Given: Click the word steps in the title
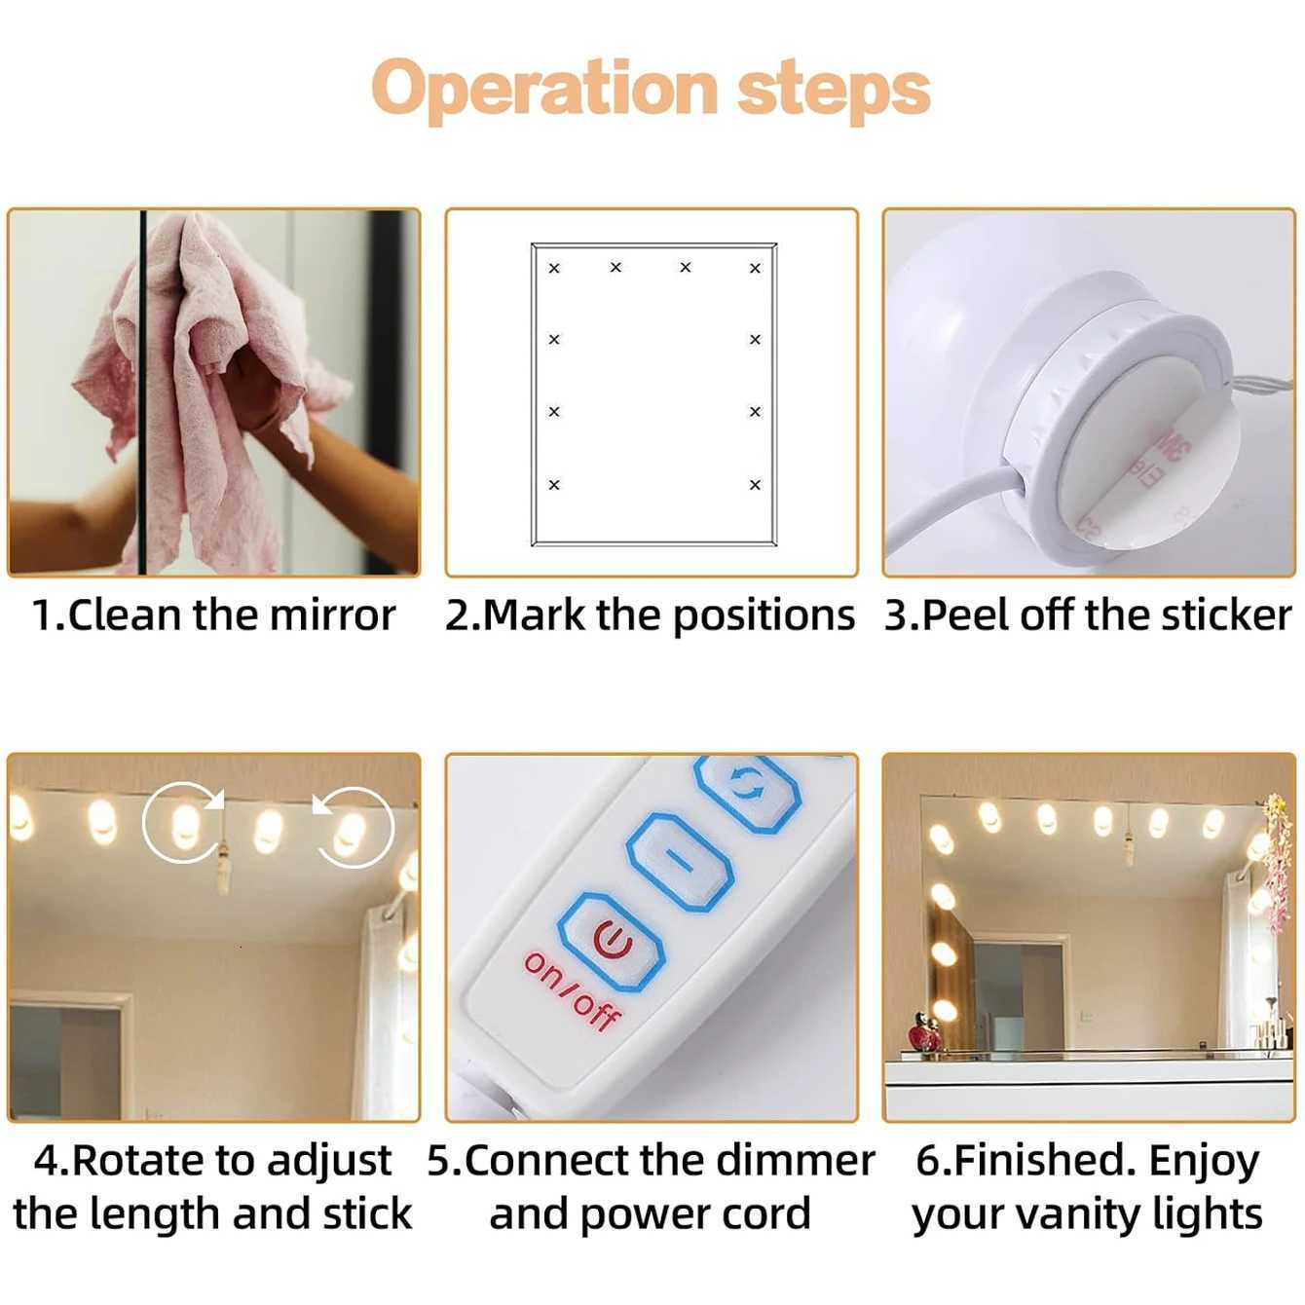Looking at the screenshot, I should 834,90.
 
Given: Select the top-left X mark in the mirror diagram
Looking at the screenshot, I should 554,268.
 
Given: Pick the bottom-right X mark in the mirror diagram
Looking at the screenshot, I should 755,484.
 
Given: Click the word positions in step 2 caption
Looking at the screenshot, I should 764,615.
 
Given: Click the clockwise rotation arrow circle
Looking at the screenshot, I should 184,823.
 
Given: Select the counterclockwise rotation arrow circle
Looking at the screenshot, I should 353,828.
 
